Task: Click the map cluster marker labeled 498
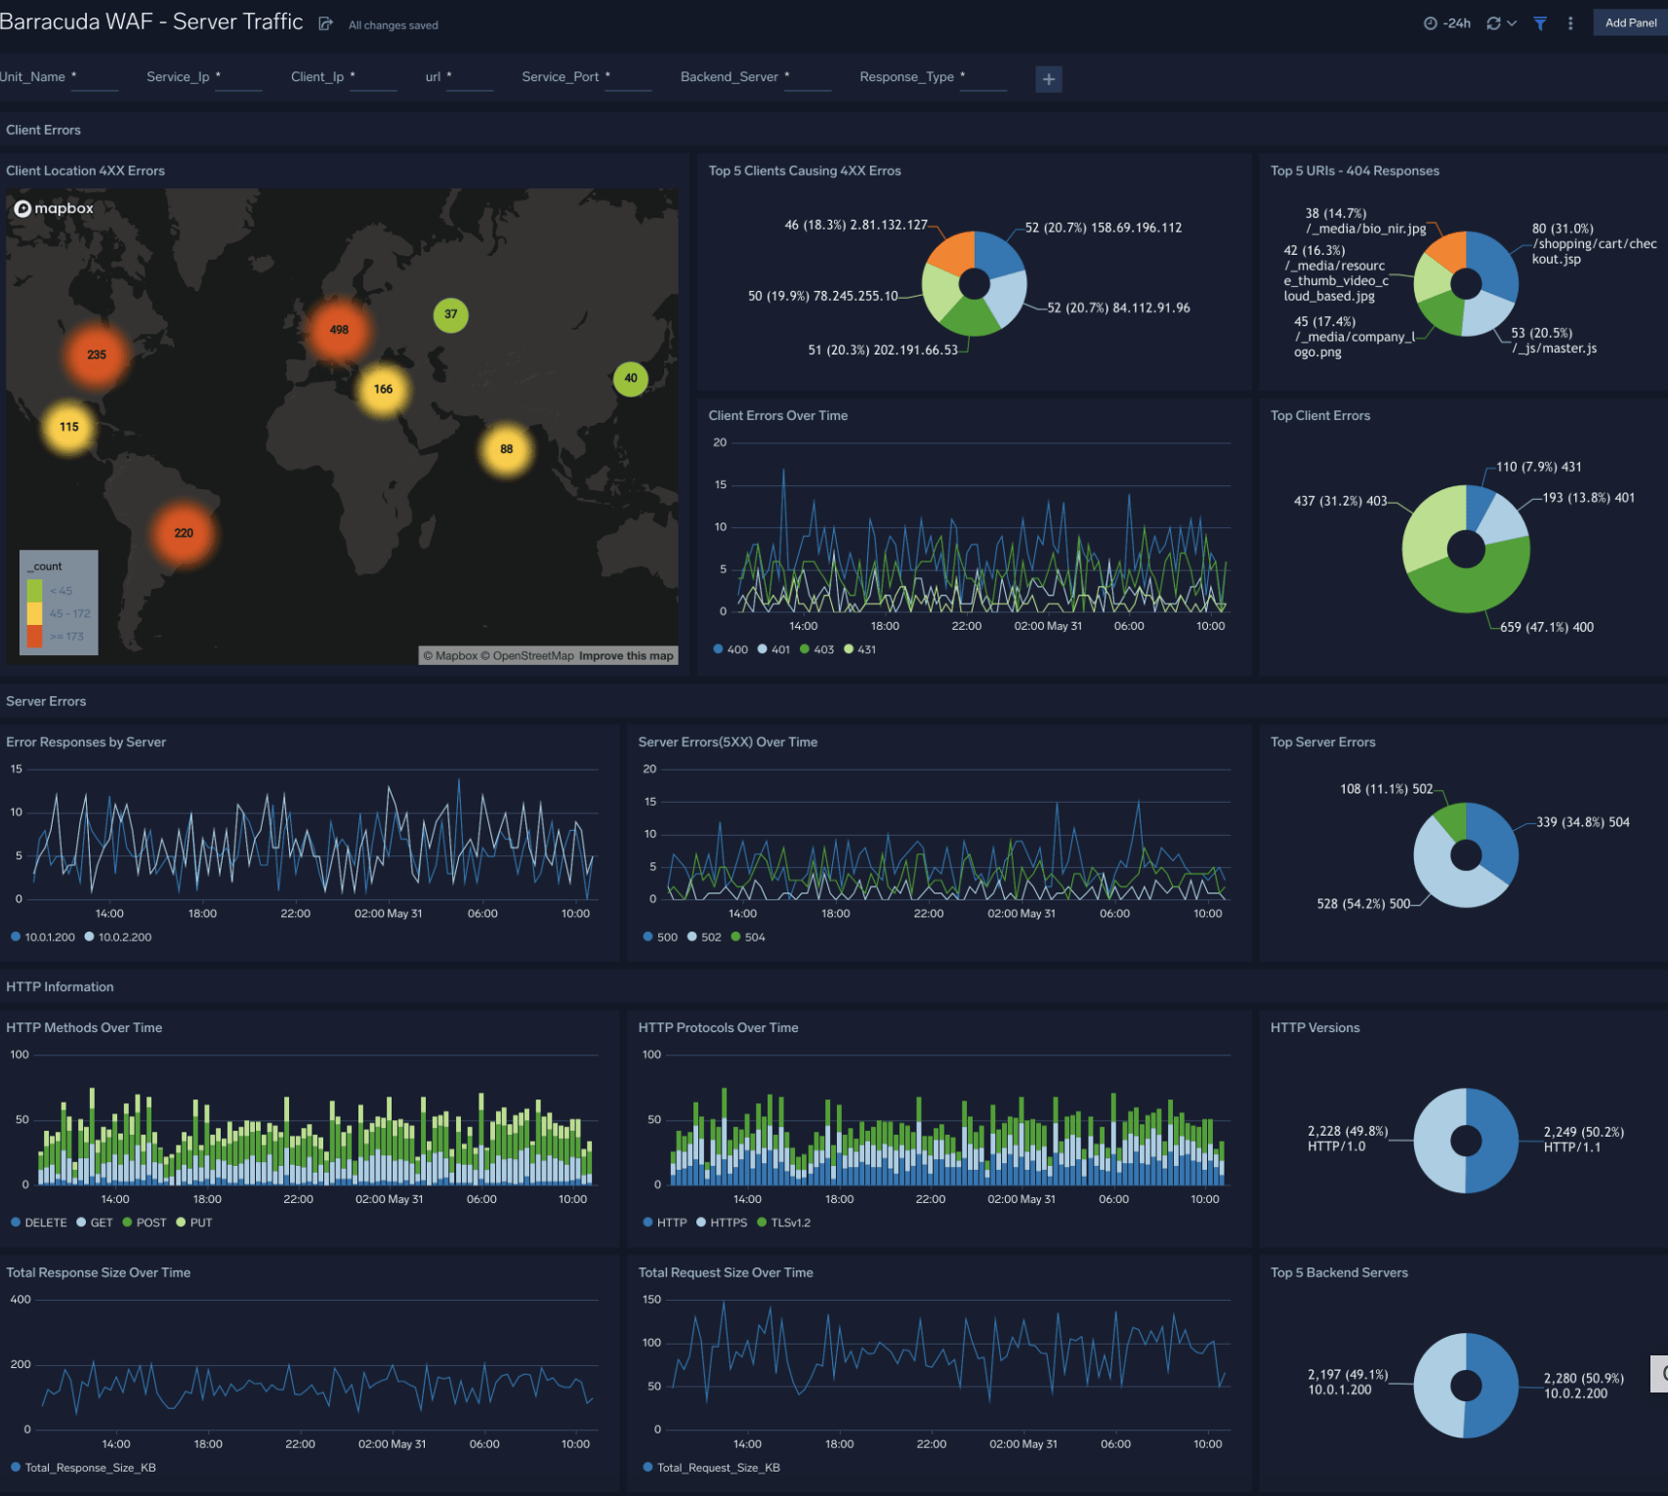(339, 330)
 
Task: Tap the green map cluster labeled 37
(450, 314)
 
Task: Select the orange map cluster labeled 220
(184, 533)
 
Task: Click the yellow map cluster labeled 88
(506, 449)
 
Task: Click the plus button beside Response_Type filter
(1048, 79)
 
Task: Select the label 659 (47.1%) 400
(1546, 627)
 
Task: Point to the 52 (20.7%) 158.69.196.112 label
(1103, 228)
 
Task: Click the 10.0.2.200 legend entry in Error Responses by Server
(118, 937)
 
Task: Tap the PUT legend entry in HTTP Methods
(194, 1223)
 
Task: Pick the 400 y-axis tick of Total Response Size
(21, 1300)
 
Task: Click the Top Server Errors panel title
(1322, 742)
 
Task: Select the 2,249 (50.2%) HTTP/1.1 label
(1583, 1140)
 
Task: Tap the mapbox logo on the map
(55, 208)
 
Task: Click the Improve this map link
(626, 656)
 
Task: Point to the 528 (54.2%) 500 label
(1363, 904)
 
